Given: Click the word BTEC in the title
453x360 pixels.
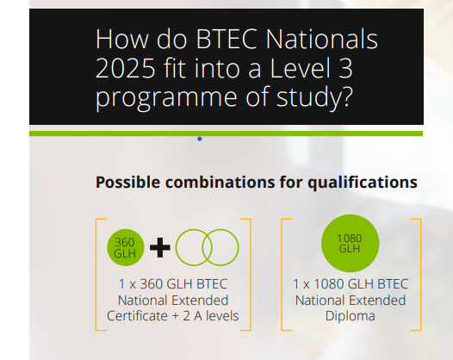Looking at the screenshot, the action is [x=226, y=40].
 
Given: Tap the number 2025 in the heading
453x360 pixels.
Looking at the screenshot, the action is [x=126, y=68].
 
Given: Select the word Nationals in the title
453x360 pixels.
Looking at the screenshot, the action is [x=322, y=39].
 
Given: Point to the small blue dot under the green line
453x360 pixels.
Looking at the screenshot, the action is [x=199, y=139].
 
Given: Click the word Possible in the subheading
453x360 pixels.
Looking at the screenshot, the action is [x=128, y=183].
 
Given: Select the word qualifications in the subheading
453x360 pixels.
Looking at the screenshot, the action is [x=363, y=183].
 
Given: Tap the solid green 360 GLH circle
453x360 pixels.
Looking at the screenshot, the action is [x=126, y=248].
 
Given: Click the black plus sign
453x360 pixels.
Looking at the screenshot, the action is [x=160, y=248].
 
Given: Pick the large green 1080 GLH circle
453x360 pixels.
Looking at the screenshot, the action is [x=351, y=243].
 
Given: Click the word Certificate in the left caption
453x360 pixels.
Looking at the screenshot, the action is [x=137, y=316].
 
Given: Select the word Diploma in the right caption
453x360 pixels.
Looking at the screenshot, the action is [x=351, y=316].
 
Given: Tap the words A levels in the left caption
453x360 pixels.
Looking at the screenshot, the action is [x=216, y=316].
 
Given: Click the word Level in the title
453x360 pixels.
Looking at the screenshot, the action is [x=300, y=68].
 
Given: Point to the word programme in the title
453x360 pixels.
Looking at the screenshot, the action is [x=166, y=98].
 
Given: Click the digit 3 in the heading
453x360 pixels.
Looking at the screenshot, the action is [x=345, y=68].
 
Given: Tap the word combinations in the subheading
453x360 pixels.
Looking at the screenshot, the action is [x=220, y=183].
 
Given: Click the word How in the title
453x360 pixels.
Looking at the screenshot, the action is [x=122, y=40].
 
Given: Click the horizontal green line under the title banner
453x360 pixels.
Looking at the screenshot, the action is [x=226, y=133].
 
